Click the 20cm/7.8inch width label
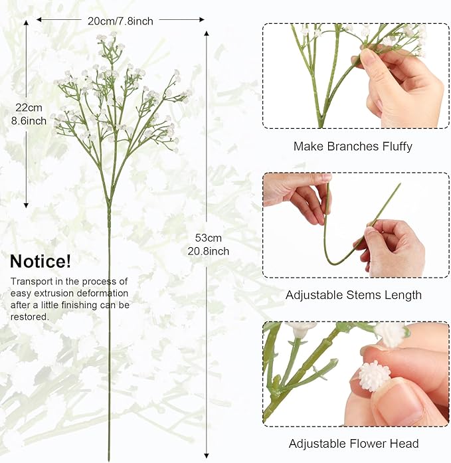click(x=120, y=21)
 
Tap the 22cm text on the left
click(x=29, y=108)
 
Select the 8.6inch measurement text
click(x=29, y=121)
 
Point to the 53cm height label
click(x=208, y=238)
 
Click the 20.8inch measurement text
click(x=209, y=251)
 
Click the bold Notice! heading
click(x=41, y=261)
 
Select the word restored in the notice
click(x=29, y=317)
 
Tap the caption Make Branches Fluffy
click(x=353, y=146)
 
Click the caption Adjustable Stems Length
click(x=353, y=295)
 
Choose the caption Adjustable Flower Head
click(x=353, y=444)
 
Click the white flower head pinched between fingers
click(x=374, y=376)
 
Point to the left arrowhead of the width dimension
click(x=39, y=20)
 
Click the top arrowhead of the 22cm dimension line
click(x=27, y=23)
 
